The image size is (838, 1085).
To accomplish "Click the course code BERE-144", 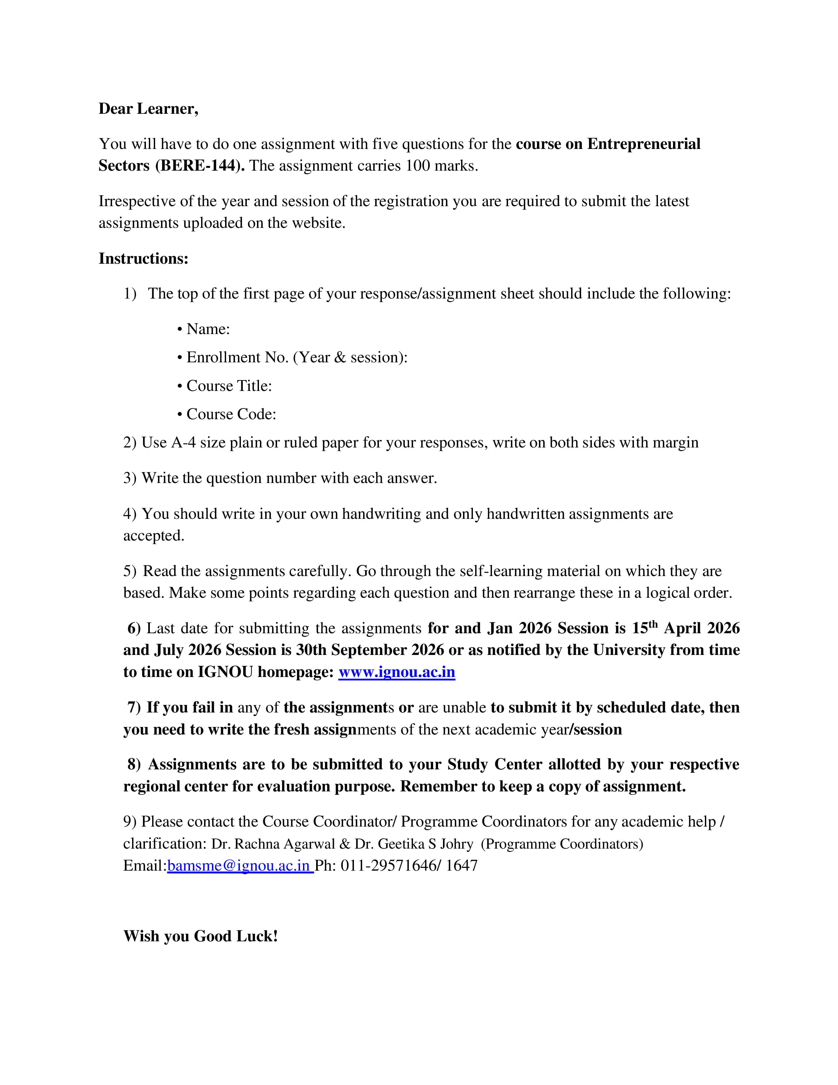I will click(199, 165).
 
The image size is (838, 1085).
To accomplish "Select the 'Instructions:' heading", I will click(144, 258).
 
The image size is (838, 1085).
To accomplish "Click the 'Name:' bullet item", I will click(207, 329).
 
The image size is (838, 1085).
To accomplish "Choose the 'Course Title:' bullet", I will click(228, 386).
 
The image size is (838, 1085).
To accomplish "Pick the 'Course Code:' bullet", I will click(231, 414).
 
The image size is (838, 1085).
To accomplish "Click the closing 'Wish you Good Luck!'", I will click(200, 936).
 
